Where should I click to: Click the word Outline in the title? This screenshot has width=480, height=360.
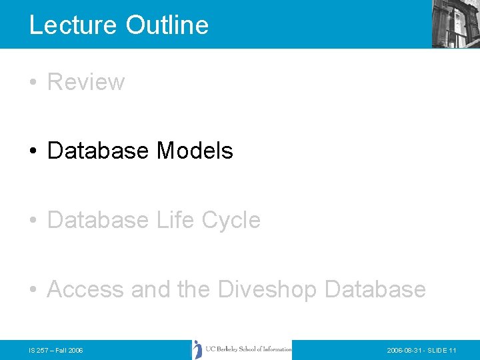coord(167,25)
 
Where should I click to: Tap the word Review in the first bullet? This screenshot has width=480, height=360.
coord(86,82)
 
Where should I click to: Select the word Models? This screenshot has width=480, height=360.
coord(195,151)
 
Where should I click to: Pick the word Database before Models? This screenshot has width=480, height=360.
coord(99,151)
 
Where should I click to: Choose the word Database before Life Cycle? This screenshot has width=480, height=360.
coord(99,220)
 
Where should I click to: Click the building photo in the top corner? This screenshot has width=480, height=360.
coord(455,23)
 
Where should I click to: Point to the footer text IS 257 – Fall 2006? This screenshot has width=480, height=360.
coord(57,350)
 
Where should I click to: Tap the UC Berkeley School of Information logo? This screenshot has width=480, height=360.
coord(242,349)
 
